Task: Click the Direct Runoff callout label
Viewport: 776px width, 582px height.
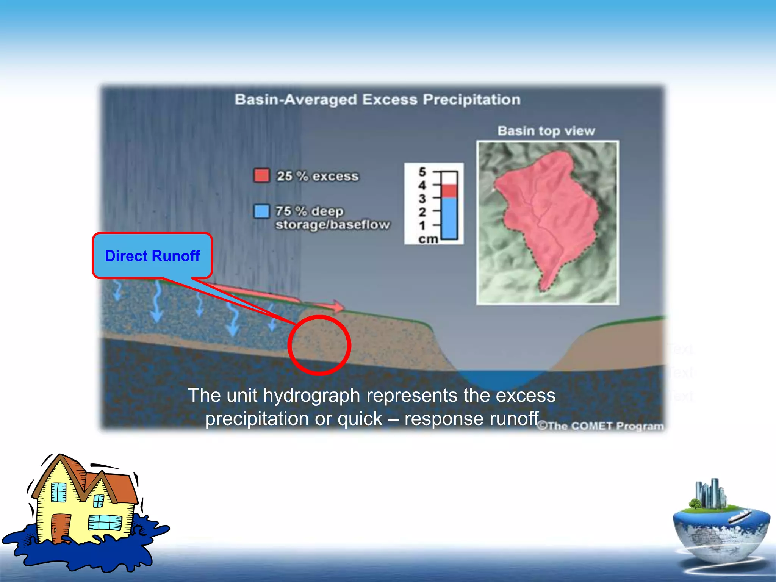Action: click(x=152, y=256)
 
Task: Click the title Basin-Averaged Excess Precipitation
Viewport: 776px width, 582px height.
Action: click(x=377, y=100)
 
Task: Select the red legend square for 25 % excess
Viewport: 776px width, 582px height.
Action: click(x=261, y=175)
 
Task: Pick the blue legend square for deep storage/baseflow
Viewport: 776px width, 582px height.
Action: click(x=261, y=211)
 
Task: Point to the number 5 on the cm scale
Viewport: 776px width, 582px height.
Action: click(x=422, y=172)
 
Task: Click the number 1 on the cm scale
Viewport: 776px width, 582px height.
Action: click(x=422, y=225)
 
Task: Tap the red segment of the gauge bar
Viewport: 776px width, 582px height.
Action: click(x=450, y=191)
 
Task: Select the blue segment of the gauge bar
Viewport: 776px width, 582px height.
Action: click(x=450, y=218)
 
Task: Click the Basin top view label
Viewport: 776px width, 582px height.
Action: click(x=546, y=131)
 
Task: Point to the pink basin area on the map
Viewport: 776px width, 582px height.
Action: click(x=549, y=212)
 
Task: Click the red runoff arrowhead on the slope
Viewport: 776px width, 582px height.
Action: click(x=338, y=306)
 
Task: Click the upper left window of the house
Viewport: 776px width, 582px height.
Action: click(x=59, y=492)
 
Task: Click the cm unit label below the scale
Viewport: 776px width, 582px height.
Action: click(x=428, y=239)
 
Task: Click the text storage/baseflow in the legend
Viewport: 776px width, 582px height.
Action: click(x=332, y=225)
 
